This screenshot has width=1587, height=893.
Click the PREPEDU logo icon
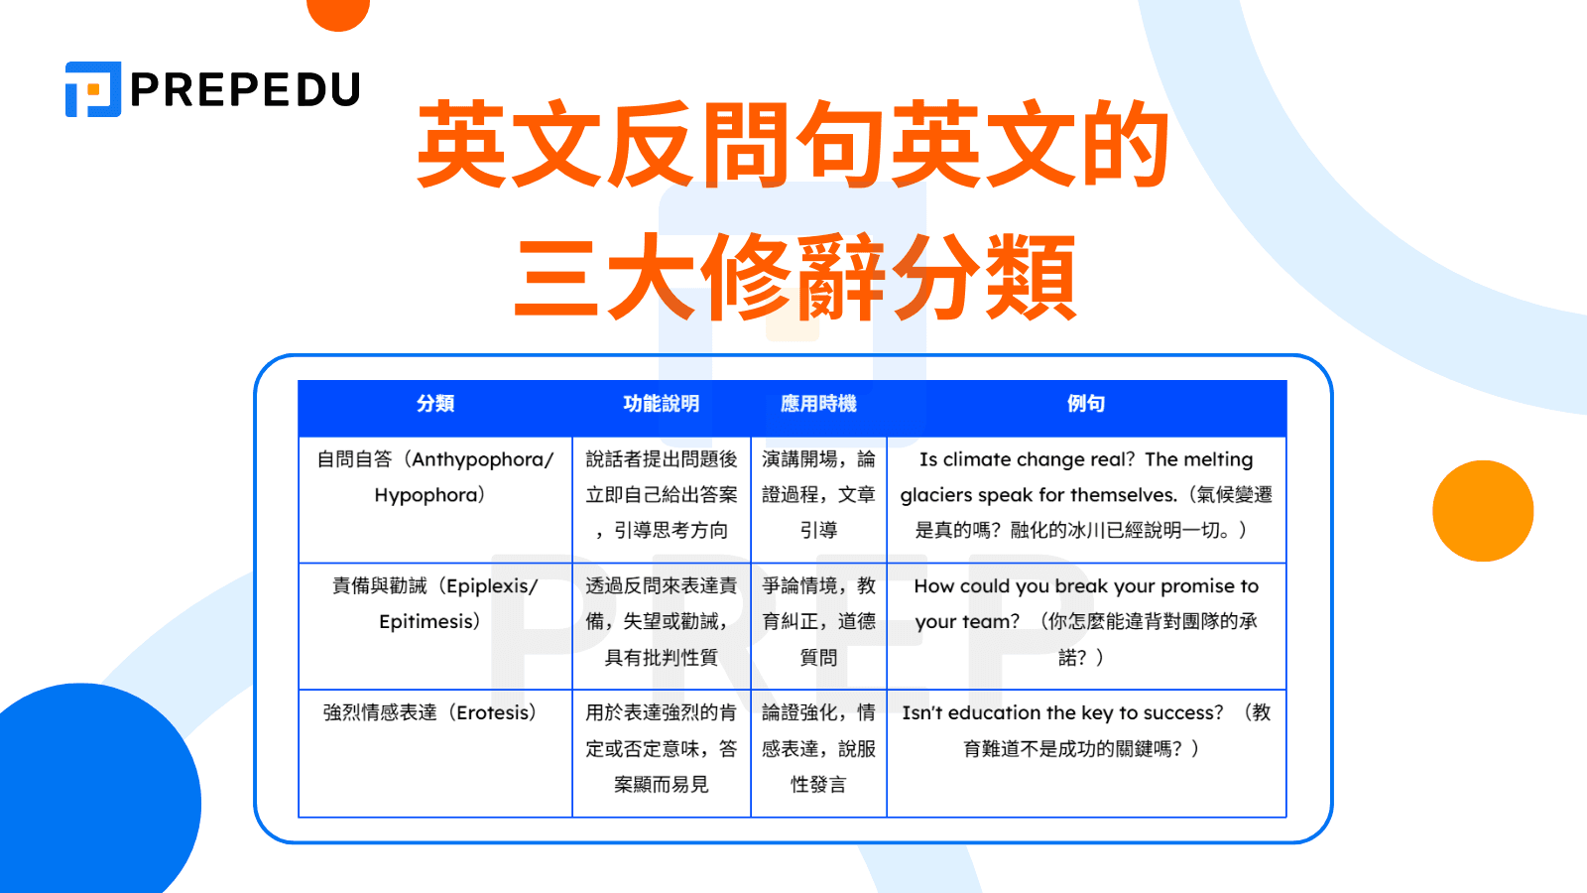[93, 89]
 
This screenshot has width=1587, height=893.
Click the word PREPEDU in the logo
[245, 90]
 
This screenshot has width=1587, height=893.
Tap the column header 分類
[435, 404]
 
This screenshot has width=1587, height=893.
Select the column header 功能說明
[661, 404]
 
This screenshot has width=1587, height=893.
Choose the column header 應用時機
[818, 404]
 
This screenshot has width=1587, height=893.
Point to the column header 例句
[1086, 404]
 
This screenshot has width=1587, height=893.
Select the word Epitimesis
[426, 622]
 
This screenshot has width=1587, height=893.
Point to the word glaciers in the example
[936, 495]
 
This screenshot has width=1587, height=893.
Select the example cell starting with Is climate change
[1086, 495]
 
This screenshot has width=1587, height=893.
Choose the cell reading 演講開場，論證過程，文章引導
[818, 495]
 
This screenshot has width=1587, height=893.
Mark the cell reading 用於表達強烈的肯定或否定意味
[661, 748]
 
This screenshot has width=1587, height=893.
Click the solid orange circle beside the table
[1483, 511]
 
